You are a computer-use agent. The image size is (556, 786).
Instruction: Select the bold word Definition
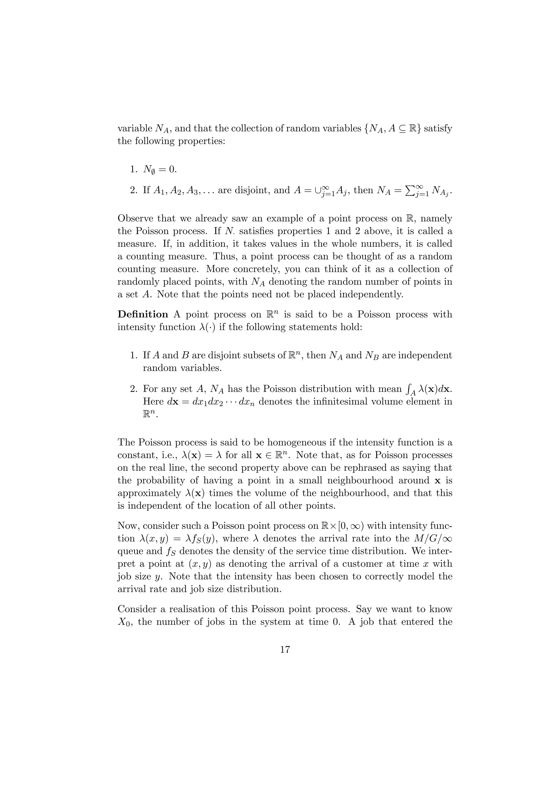143,315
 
